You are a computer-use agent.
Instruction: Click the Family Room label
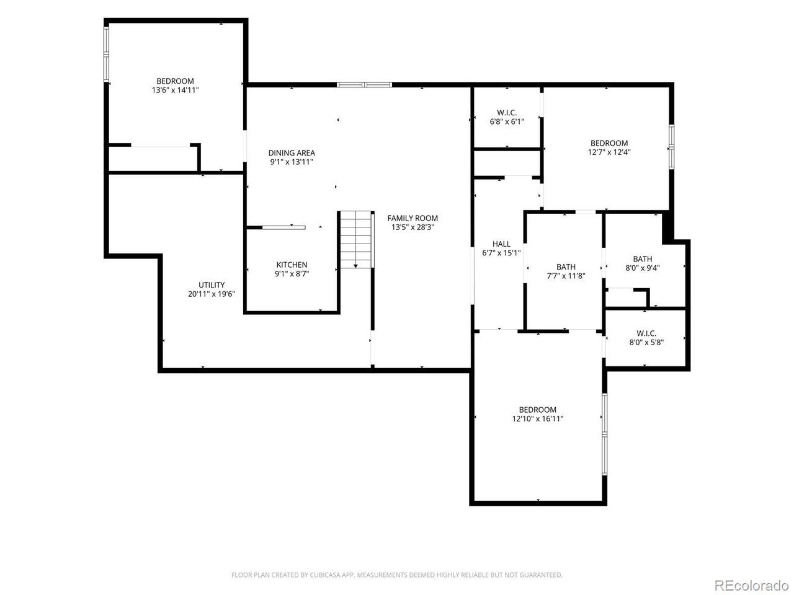click(x=413, y=218)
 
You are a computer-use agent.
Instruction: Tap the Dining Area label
click(x=292, y=153)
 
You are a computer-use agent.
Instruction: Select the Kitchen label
click(x=292, y=265)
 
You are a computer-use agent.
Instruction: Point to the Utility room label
click(x=212, y=285)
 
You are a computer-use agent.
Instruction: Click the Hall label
click(x=501, y=244)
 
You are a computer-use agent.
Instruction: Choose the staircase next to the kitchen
click(x=356, y=239)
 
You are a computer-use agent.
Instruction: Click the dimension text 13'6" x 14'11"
click(x=176, y=90)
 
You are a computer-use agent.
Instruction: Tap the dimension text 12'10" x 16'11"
click(x=538, y=419)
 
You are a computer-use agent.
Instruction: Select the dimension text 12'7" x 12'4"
click(x=609, y=152)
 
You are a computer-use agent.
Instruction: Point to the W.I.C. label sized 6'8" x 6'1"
click(x=507, y=113)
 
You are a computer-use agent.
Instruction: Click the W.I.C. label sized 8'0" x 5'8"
click(x=646, y=333)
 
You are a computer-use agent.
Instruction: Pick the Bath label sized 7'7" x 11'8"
click(x=566, y=267)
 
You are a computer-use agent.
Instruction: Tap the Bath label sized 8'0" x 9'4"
click(x=643, y=259)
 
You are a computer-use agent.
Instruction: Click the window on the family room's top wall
click(x=364, y=85)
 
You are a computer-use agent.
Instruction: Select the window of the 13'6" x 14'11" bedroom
click(x=106, y=54)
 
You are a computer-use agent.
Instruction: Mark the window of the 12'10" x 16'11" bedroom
click(x=604, y=434)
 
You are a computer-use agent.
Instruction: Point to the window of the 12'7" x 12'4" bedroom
click(x=671, y=147)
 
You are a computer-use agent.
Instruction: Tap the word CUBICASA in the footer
click(x=324, y=575)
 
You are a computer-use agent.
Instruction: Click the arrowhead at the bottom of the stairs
click(x=355, y=267)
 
